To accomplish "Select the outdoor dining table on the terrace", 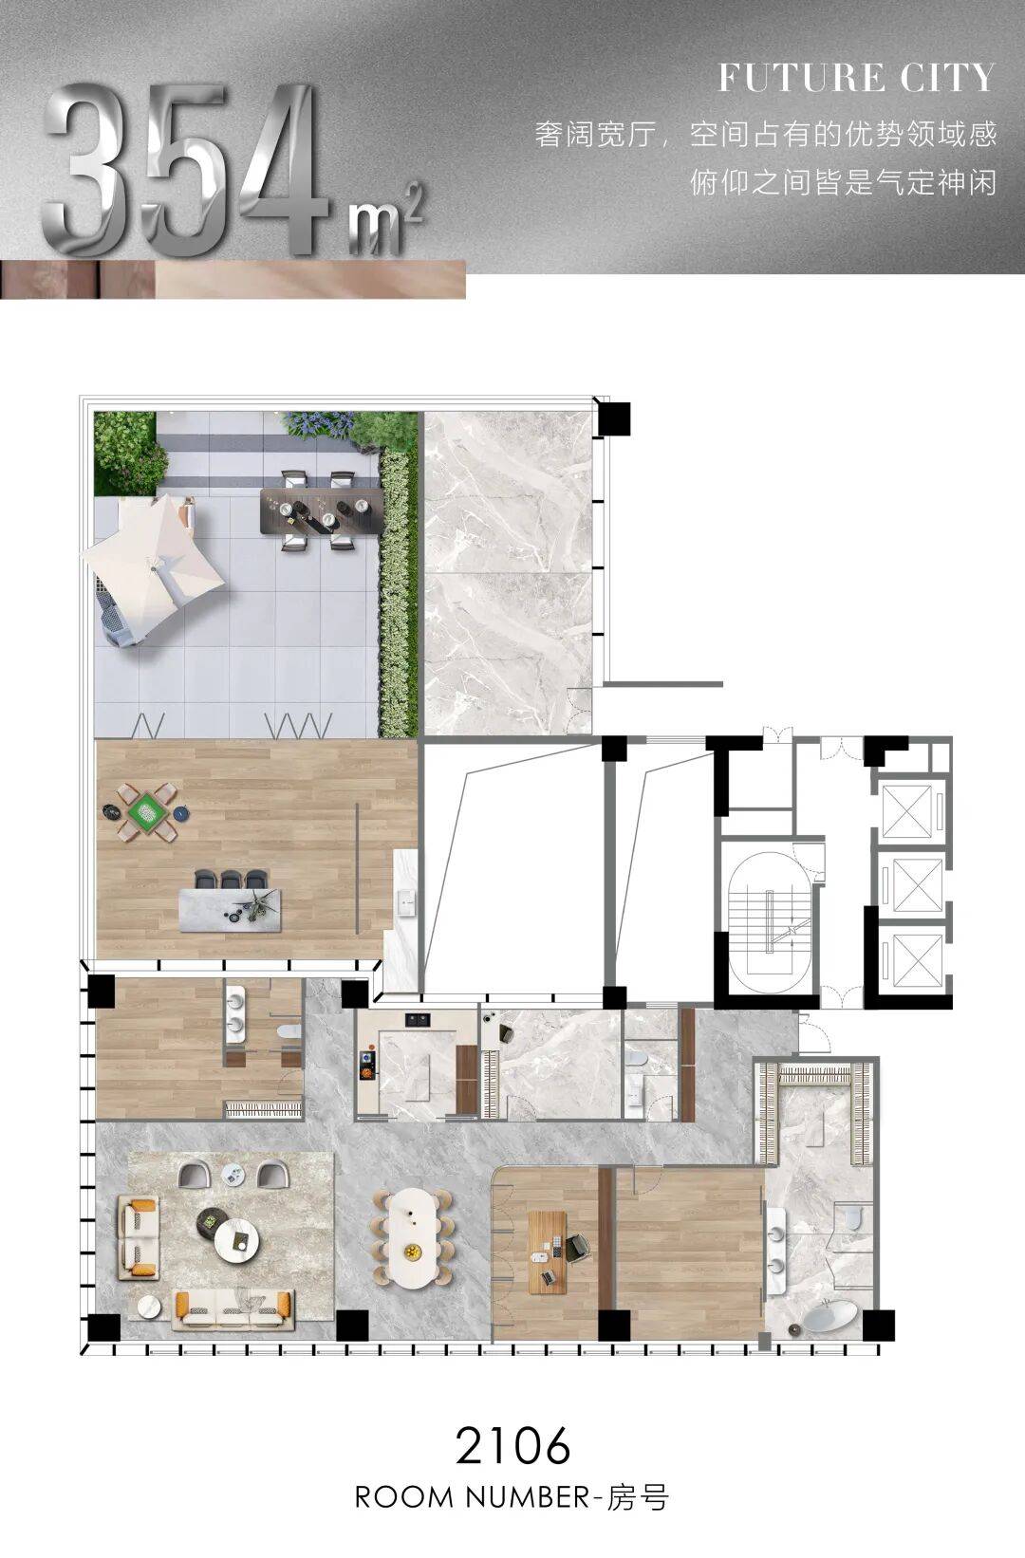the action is coord(322,510).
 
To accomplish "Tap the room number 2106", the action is coord(512,1445).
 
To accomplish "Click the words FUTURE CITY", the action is coord(855,77).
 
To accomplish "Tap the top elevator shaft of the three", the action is coord(906,811).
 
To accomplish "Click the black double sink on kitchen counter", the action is coord(419,1020).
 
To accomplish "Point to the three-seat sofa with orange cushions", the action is coord(233,1310).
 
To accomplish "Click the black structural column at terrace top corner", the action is coord(613,419).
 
